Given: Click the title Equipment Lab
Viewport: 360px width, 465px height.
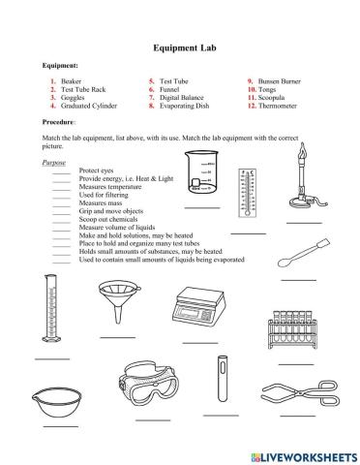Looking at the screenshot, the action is pyautogui.click(x=180, y=46).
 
